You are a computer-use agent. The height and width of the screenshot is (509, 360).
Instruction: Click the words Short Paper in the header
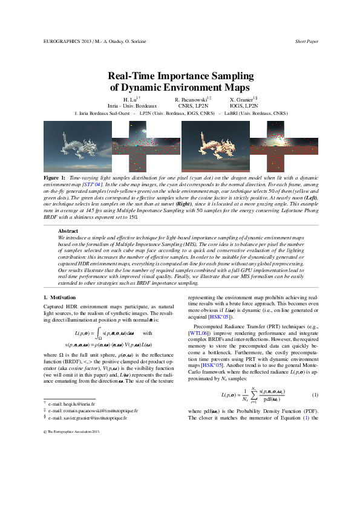pos(307,41)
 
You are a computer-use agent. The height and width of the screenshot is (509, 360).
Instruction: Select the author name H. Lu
pos(131,99)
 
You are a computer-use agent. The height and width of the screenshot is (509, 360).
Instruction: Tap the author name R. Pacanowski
pos(192,99)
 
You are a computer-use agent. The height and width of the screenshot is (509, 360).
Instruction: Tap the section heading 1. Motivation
pos(60,297)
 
